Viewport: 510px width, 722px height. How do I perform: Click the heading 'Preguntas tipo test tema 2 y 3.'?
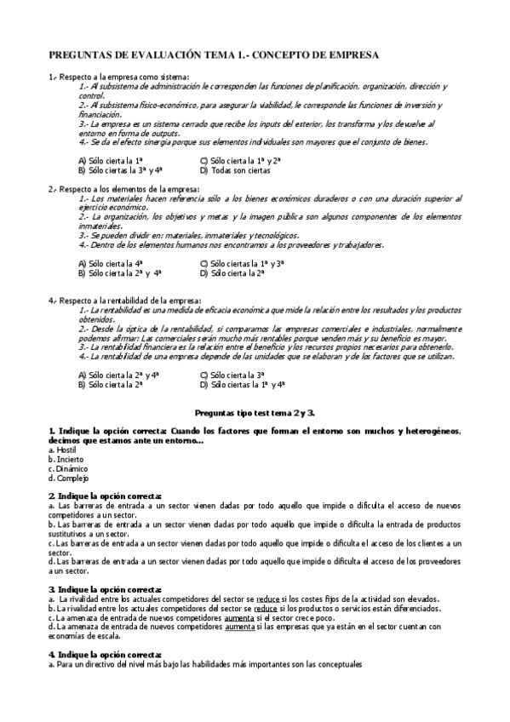point(255,411)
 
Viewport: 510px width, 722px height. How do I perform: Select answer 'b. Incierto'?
point(66,458)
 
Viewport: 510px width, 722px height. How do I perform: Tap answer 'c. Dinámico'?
point(68,468)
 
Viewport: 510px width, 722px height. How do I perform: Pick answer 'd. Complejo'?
point(68,478)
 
